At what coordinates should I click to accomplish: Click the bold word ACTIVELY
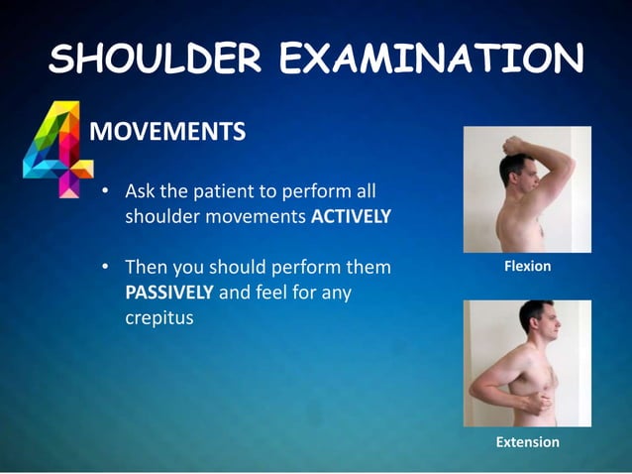point(351,217)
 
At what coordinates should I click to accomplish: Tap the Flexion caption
point(527,267)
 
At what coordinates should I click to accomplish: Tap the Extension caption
point(527,441)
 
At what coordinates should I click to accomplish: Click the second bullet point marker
point(105,268)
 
